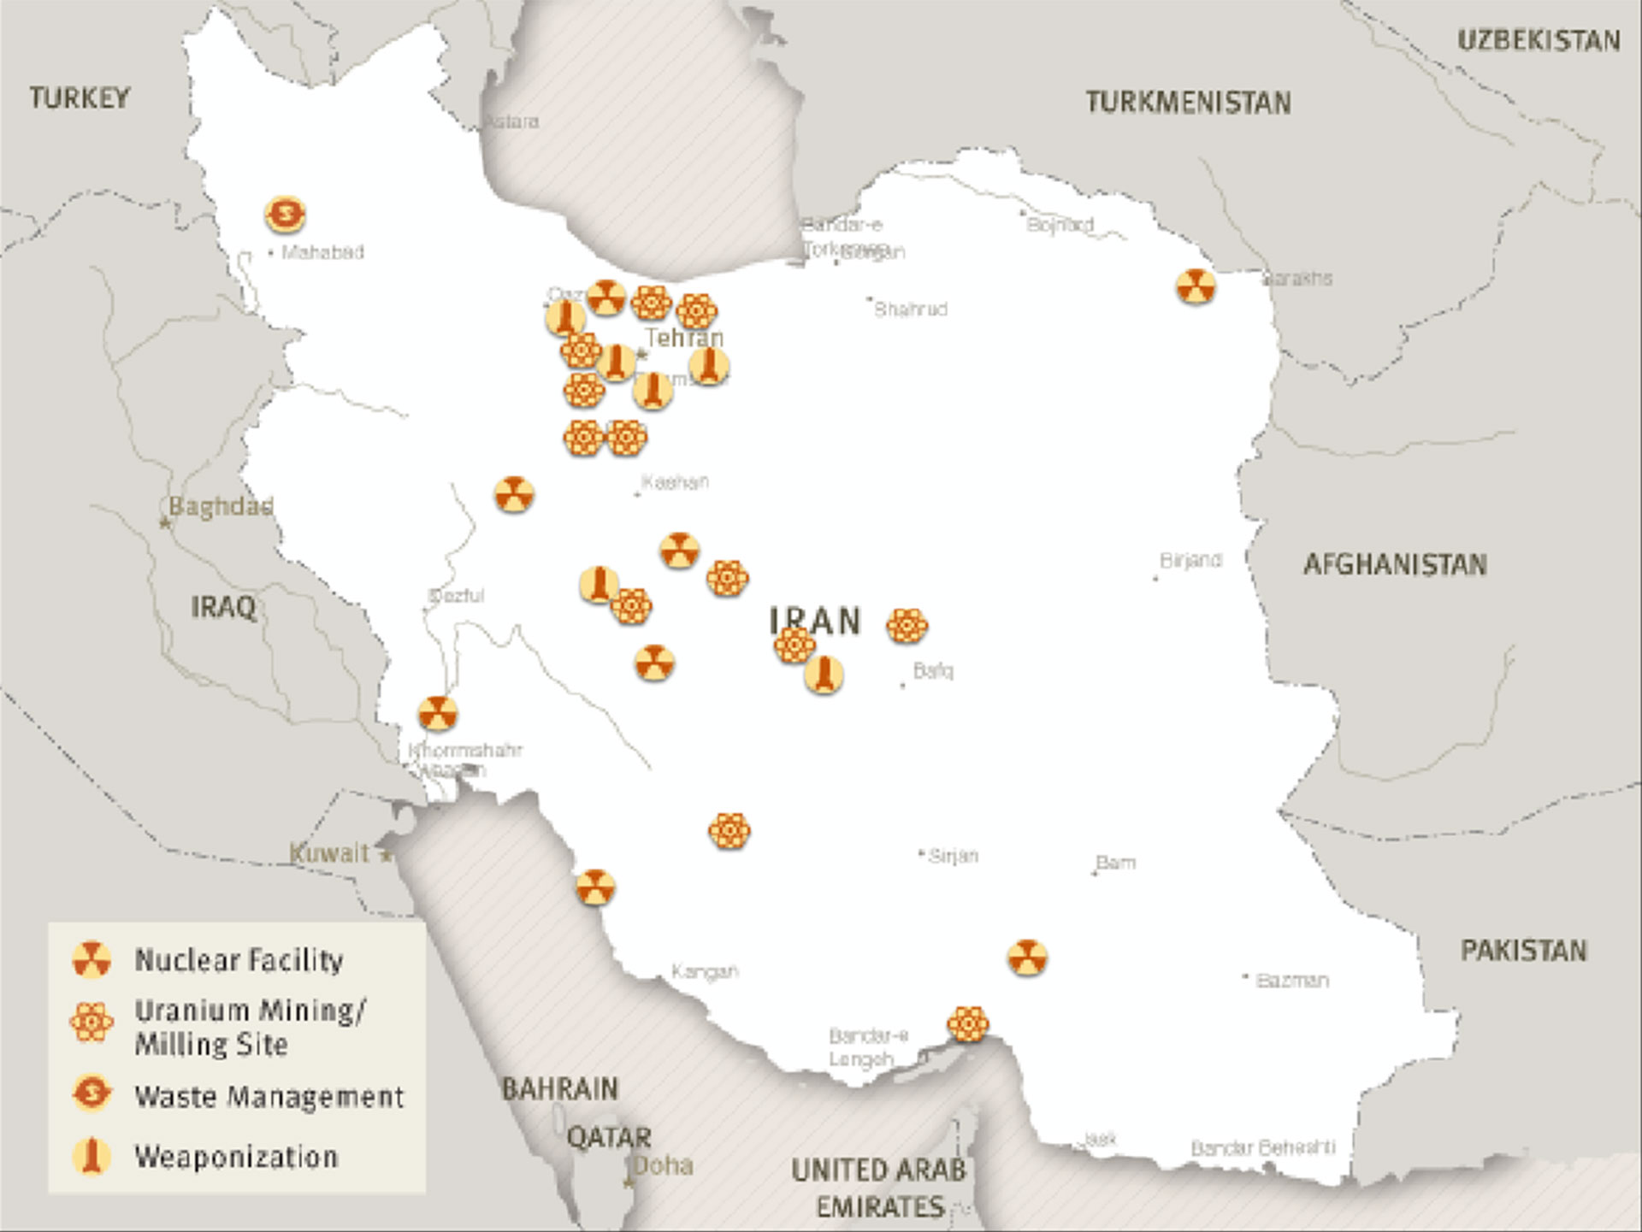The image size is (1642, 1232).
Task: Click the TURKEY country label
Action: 80,97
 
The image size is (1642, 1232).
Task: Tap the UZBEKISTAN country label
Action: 1539,40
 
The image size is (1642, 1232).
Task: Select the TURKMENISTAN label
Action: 1188,103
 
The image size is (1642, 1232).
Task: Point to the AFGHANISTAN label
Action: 1395,564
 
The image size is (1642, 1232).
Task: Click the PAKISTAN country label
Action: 1523,950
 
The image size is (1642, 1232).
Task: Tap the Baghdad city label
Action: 221,506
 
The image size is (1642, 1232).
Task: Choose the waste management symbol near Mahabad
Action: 285,214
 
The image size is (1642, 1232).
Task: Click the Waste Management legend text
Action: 269,1096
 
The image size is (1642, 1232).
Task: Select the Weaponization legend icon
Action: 92,1156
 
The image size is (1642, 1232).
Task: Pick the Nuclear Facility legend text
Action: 239,959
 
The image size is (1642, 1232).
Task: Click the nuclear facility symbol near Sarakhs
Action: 1195,286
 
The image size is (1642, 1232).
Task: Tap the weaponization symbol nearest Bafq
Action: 824,675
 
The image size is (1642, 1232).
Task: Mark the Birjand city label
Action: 1190,560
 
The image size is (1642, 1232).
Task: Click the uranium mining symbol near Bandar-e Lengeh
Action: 968,1023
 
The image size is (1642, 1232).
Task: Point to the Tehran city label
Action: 684,338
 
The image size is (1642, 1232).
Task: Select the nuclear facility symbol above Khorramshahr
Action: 437,713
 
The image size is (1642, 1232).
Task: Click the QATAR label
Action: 609,1137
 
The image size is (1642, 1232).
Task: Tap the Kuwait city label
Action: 329,852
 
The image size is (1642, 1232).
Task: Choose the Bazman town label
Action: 1291,981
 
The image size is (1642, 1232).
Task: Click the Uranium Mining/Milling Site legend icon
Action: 92,1023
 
